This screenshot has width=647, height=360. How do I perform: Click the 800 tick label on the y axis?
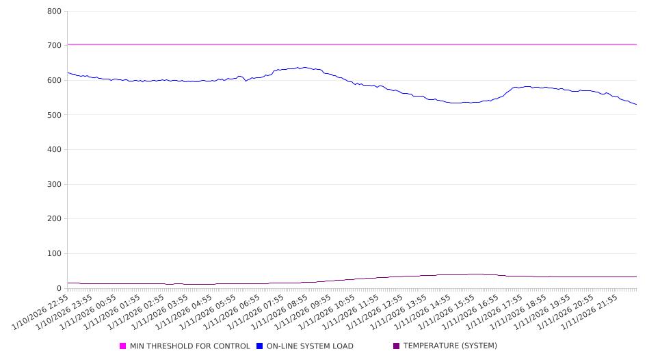coord(54,12)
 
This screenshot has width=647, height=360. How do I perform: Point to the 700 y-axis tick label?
coord(54,46)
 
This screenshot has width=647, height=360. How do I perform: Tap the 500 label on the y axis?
coord(54,115)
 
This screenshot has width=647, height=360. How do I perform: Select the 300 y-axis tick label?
coord(54,185)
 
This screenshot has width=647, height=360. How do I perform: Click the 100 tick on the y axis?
coord(54,254)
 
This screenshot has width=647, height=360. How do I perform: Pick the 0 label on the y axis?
coord(59,289)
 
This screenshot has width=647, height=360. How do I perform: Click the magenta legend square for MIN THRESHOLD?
coord(123,346)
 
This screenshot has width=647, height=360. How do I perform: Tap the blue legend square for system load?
coord(260,346)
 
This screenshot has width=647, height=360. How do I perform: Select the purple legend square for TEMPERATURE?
coord(397,346)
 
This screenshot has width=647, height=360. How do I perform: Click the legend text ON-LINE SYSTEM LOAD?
coord(310,346)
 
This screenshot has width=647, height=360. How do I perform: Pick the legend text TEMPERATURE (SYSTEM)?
coord(450,346)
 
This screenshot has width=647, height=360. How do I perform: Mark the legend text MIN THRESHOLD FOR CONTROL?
coord(190,346)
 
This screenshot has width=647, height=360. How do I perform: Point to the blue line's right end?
coord(636,105)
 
